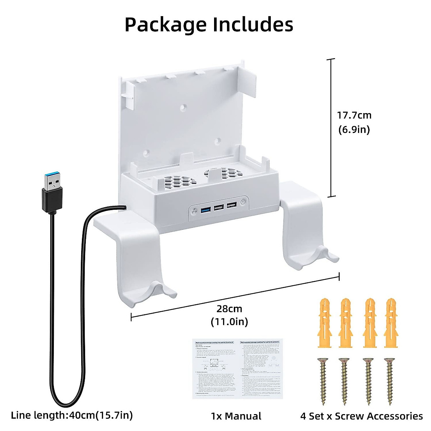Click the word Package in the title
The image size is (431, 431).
(165, 25)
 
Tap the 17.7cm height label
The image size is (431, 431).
(354, 115)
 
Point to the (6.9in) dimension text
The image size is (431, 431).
(354, 129)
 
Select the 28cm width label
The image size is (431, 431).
(229, 309)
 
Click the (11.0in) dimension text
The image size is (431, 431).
(229, 321)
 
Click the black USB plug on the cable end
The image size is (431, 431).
(52, 194)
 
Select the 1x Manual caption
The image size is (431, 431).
(236, 416)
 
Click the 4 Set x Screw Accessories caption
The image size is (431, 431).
(361, 416)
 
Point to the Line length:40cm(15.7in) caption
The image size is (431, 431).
(72, 415)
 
